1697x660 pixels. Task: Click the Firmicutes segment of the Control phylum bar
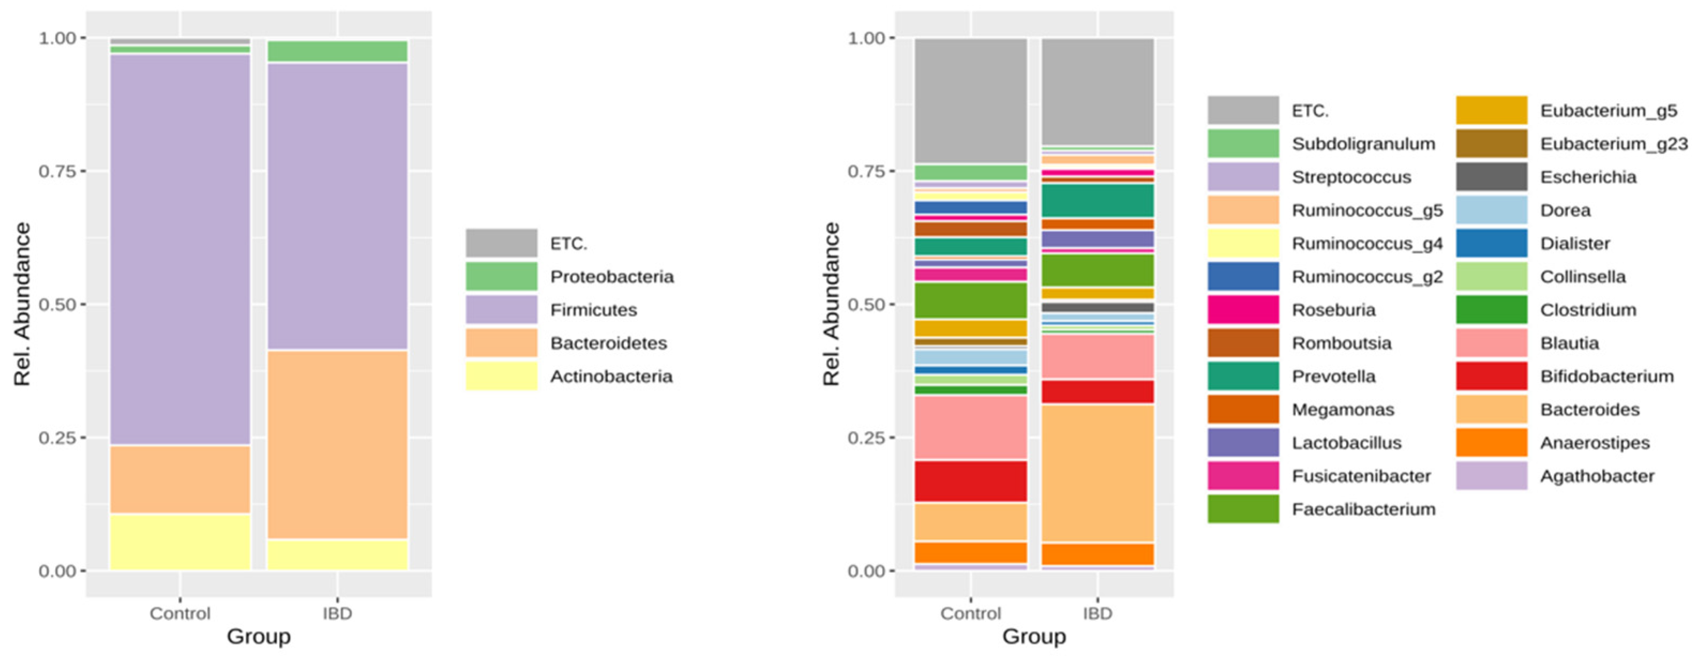pyautogui.click(x=179, y=251)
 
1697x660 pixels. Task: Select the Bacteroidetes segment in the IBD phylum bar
pyautogui.click(x=337, y=445)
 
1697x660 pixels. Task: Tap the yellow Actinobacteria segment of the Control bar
pyautogui.click(x=179, y=542)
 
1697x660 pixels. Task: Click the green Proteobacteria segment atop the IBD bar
pyautogui.click(x=337, y=51)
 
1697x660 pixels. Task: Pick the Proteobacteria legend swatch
pyautogui.click(x=501, y=277)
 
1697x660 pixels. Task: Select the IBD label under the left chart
pyautogui.click(x=337, y=613)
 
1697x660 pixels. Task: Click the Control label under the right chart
pyautogui.click(x=970, y=613)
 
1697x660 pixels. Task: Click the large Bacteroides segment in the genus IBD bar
pyautogui.click(x=1098, y=473)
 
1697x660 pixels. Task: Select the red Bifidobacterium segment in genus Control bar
pyautogui.click(x=970, y=482)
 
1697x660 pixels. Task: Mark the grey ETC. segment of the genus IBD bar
pyautogui.click(x=1098, y=92)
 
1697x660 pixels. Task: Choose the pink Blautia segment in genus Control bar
pyautogui.click(x=970, y=427)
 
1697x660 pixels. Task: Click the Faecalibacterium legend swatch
pyautogui.click(x=1242, y=509)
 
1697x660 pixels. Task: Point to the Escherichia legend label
pyautogui.click(x=1588, y=177)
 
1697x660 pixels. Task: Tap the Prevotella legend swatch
pyautogui.click(x=1242, y=376)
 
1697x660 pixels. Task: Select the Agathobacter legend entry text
pyautogui.click(x=1596, y=476)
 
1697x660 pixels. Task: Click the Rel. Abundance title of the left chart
pyautogui.click(x=22, y=305)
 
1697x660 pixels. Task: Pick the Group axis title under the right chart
pyautogui.click(x=1034, y=637)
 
